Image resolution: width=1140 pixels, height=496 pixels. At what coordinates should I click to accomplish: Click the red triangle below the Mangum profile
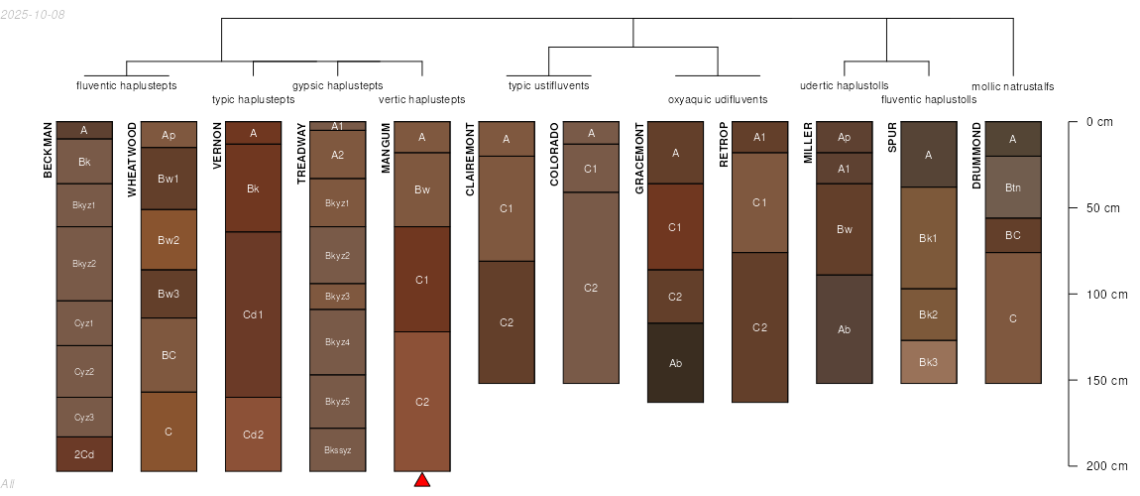tap(422, 480)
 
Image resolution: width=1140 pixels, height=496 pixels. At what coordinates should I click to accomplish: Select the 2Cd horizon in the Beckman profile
tap(84, 454)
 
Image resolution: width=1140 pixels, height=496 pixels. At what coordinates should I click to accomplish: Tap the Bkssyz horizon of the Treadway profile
tap(338, 449)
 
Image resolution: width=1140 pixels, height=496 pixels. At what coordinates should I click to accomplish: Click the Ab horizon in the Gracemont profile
tap(676, 363)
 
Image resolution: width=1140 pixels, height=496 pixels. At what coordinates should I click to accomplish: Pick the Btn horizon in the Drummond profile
tap(1013, 186)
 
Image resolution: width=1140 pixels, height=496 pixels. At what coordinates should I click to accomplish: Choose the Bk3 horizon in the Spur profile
tap(929, 362)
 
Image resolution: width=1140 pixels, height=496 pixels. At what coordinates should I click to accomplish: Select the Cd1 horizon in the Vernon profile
tap(254, 314)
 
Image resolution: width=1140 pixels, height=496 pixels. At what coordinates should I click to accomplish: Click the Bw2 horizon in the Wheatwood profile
tap(169, 240)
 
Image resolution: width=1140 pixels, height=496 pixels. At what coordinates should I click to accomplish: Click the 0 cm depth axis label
tap(1099, 122)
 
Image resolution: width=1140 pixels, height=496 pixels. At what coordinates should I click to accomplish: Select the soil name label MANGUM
tap(387, 149)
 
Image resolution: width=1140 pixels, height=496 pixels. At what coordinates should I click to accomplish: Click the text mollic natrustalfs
tap(1012, 86)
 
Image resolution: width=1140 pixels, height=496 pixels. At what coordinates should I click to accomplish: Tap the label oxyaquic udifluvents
tap(718, 99)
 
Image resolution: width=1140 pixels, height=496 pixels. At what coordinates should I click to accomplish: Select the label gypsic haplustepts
tap(338, 85)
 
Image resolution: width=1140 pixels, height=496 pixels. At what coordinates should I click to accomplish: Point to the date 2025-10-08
tap(34, 14)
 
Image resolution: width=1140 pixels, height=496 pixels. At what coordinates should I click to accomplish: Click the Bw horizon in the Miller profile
tap(845, 230)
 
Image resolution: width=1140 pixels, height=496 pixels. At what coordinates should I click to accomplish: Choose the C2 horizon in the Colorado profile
tap(591, 288)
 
